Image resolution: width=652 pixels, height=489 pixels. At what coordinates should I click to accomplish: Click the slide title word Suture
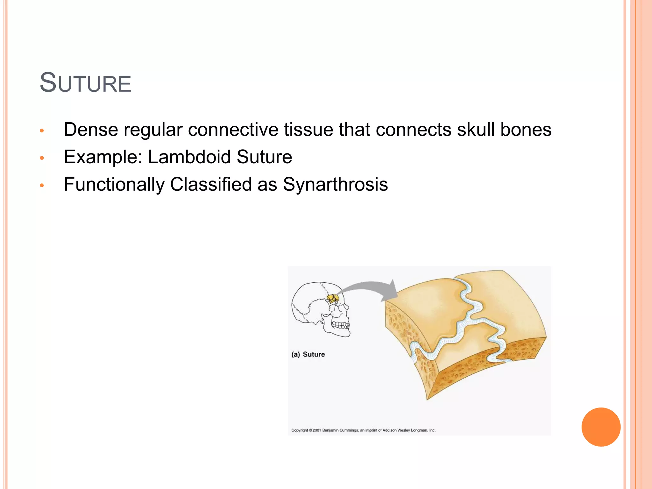pyautogui.click(x=85, y=83)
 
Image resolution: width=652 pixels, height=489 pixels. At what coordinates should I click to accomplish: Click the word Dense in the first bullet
pyautogui.click(x=91, y=130)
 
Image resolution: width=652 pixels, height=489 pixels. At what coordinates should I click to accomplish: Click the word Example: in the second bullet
pyautogui.click(x=103, y=157)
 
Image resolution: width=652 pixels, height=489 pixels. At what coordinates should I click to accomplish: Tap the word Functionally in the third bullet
pyautogui.click(x=114, y=184)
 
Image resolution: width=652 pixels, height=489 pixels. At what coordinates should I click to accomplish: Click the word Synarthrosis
pyautogui.click(x=335, y=184)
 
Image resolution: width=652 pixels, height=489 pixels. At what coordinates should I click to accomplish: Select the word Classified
pyautogui.click(x=211, y=184)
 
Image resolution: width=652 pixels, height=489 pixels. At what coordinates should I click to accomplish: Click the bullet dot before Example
pyautogui.click(x=42, y=158)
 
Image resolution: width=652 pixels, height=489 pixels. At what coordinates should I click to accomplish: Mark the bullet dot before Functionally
pyautogui.click(x=42, y=185)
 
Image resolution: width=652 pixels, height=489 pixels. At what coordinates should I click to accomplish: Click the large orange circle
pyautogui.click(x=601, y=427)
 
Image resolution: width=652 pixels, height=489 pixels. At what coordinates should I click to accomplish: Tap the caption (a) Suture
pyautogui.click(x=308, y=354)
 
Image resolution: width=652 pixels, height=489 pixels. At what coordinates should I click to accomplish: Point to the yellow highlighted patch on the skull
pyautogui.click(x=333, y=298)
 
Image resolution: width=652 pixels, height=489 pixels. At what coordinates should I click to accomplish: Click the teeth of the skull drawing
pyautogui.click(x=341, y=325)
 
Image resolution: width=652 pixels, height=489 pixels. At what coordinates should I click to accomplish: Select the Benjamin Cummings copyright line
pyautogui.click(x=363, y=430)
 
